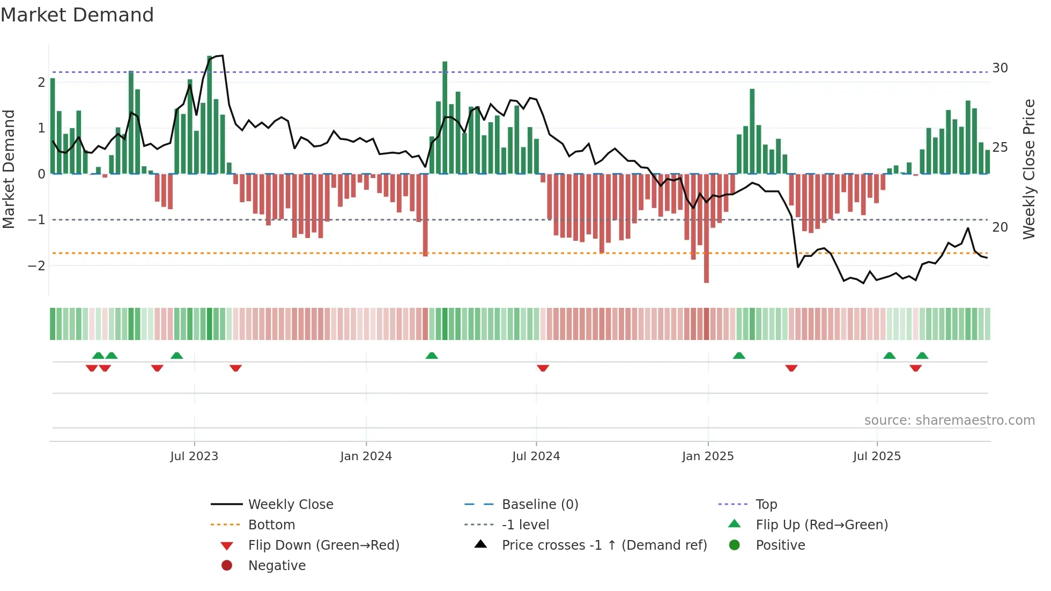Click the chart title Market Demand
click(x=77, y=15)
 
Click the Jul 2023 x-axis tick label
click(x=194, y=456)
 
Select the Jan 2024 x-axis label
click(x=366, y=456)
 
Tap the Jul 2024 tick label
click(x=536, y=456)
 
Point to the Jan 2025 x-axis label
click(x=708, y=456)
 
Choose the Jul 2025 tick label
click(x=877, y=456)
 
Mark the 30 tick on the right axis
click(x=1000, y=68)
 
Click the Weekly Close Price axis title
click(x=1028, y=169)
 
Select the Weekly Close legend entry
click(x=290, y=505)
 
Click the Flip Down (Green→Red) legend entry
click(x=323, y=545)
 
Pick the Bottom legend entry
click(x=271, y=525)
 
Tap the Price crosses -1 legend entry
click(x=604, y=545)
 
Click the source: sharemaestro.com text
click(x=949, y=420)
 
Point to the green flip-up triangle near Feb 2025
click(x=739, y=356)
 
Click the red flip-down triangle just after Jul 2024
click(x=543, y=368)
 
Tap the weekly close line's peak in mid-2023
click(x=221, y=56)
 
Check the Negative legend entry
click(x=277, y=566)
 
